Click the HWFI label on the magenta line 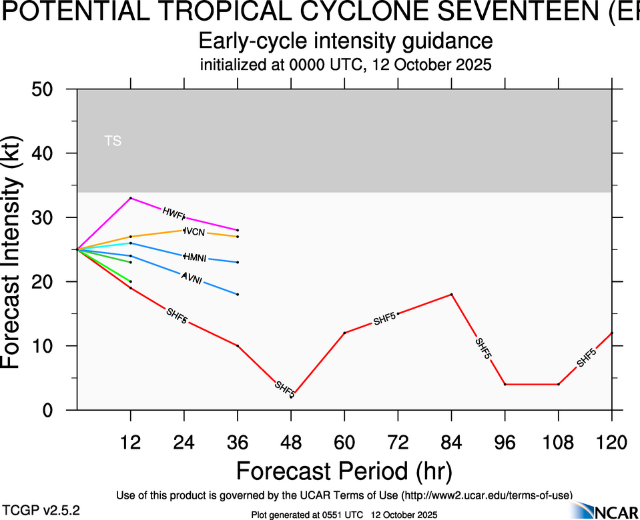click(174, 213)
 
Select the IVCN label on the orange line click(194, 231)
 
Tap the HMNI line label click(196, 257)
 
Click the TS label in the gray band click(113, 141)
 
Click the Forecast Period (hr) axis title click(344, 471)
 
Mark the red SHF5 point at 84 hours click(452, 294)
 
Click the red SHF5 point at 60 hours click(344, 333)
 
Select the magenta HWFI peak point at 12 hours click(131, 198)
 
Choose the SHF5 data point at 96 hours click(505, 384)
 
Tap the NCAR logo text click(616, 511)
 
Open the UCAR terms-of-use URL click(487, 495)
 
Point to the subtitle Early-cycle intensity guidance click(346, 41)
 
